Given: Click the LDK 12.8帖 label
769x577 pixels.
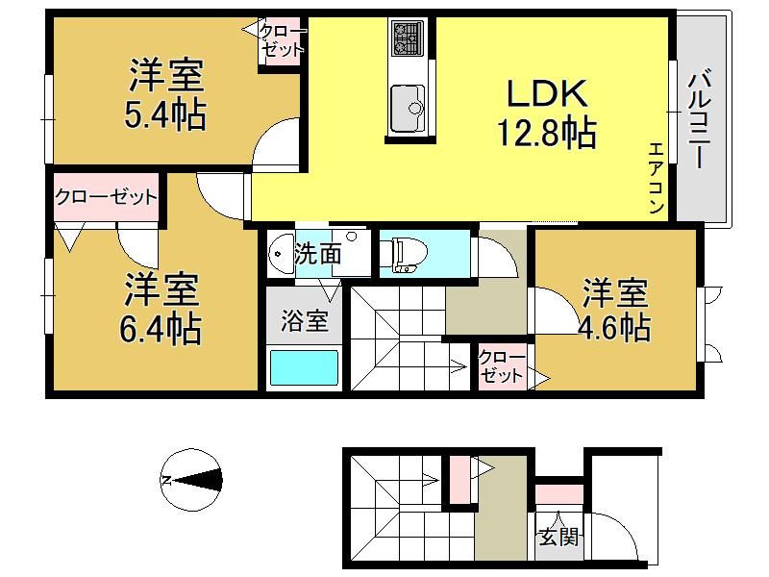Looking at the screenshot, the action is coord(547,113).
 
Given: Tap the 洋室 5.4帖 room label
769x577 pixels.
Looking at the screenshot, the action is coord(165,94).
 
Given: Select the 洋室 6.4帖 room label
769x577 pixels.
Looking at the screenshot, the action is coord(161,308).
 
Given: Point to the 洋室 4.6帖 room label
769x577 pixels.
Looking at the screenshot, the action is coord(615,310).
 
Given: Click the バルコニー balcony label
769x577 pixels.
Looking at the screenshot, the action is coord(699,120).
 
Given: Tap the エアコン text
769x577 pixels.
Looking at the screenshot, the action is coord(657,178).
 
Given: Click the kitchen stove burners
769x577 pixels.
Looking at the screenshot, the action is coord(407,38).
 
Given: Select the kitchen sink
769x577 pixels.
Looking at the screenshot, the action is coord(408,109).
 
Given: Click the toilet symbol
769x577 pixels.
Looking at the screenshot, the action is coord(403,254).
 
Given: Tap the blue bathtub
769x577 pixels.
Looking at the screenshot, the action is coord(305,368).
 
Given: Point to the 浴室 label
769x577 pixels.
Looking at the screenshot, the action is coord(304,321).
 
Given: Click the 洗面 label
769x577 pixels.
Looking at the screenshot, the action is coord(317,254).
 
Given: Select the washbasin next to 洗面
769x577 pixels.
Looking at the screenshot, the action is coord(281,253).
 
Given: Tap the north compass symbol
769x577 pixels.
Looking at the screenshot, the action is coord(191,479).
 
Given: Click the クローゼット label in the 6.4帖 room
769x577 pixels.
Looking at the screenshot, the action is coord(106,197).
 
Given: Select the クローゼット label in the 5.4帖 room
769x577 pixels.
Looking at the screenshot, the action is coord(282,40).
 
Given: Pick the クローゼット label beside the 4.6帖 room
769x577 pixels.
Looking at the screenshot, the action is coord(501,366).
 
